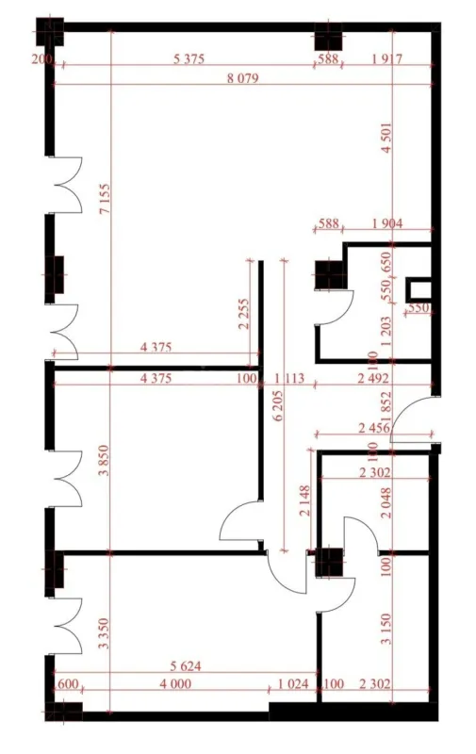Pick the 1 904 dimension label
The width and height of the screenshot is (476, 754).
[387, 224]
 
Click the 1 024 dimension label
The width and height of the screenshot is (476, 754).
[294, 684]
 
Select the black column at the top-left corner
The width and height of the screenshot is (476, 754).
[48, 32]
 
